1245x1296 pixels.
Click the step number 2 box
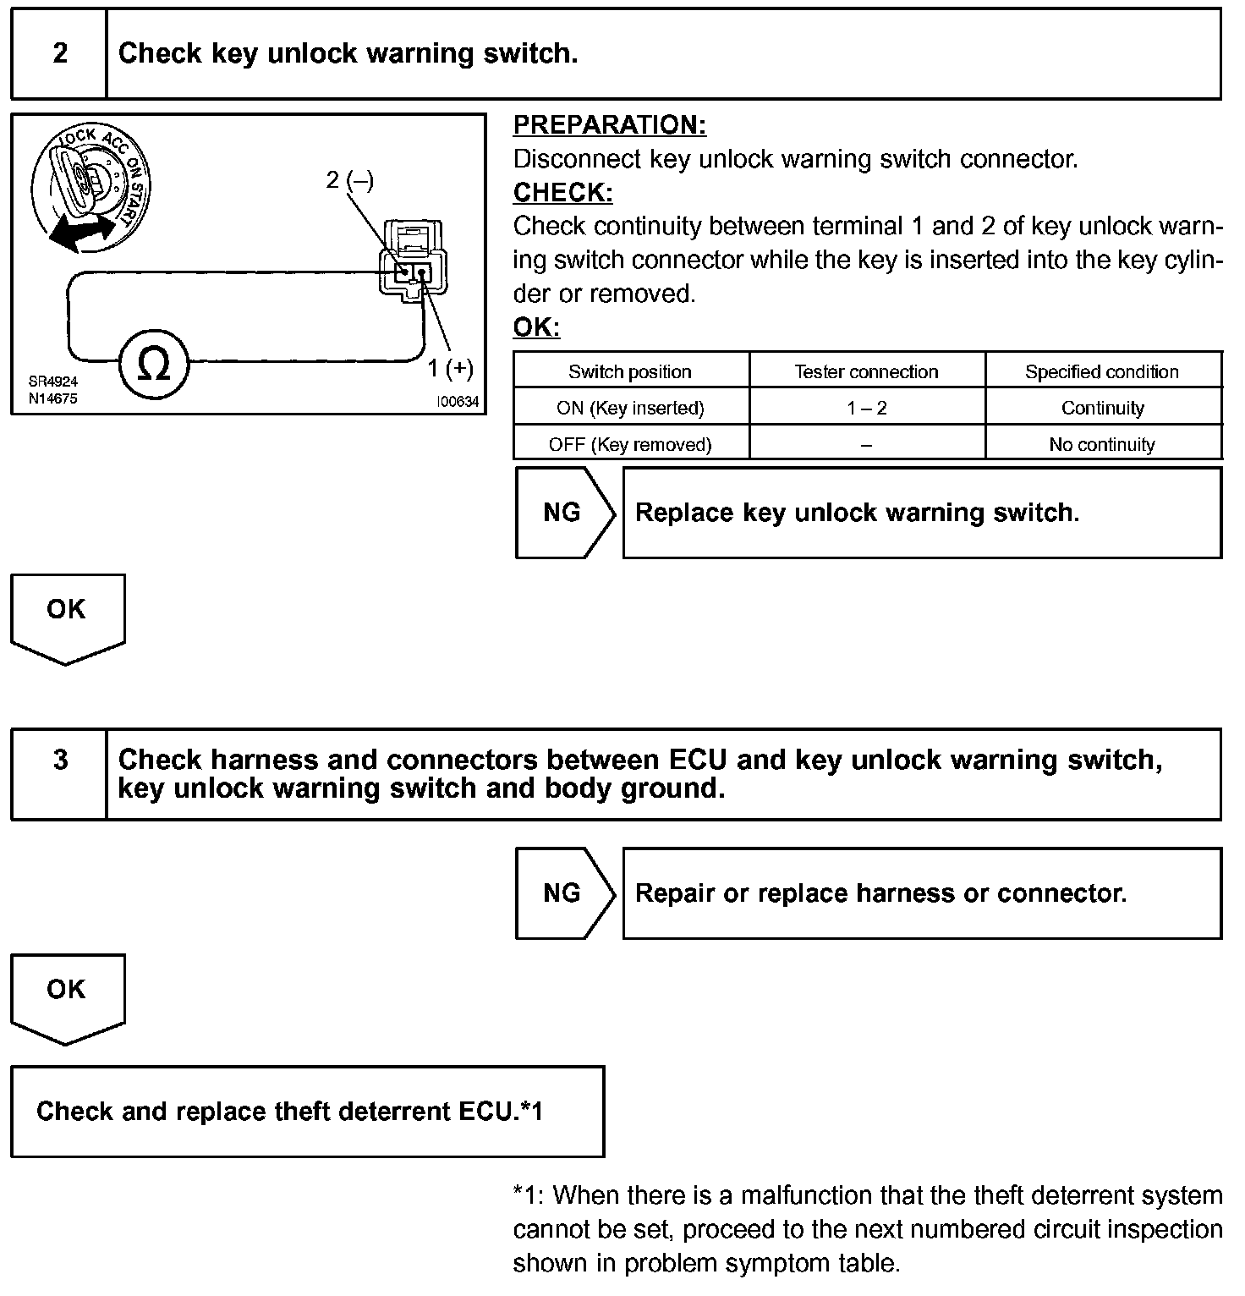pyautogui.click(x=59, y=54)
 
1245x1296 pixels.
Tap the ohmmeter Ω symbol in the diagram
pyautogui.click(x=153, y=365)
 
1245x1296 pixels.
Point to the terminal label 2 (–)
pyautogui.click(x=350, y=179)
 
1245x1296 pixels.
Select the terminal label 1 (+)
pyautogui.click(x=450, y=368)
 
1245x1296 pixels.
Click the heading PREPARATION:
pyautogui.click(x=609, y=125)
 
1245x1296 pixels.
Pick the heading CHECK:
pyautogui.click(x=562, y=193)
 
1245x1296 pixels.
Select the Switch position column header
pyautogui.click(x=630, y=371)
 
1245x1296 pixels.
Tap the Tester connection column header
pyautogui.click(x=866, y=371)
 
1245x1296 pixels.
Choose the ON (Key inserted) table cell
pyautogui.click(x=630, y=408)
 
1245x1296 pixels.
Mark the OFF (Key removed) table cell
pyautogui.click(x=630, y=444)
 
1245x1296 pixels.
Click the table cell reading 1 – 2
pyautogui.click(x=866, y=408)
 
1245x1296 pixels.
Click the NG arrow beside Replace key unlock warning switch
pyautogui.click(x=563, y=513)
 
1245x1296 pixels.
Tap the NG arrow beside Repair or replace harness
pyautogui.click(x=563, y=892)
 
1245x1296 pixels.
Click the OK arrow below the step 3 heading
pyautogui.click(x=67, y=994)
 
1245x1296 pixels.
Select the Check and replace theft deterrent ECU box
pyautogui.click(x=307, y=1111)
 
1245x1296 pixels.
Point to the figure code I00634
pyautogui.click(x=458, y=403)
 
